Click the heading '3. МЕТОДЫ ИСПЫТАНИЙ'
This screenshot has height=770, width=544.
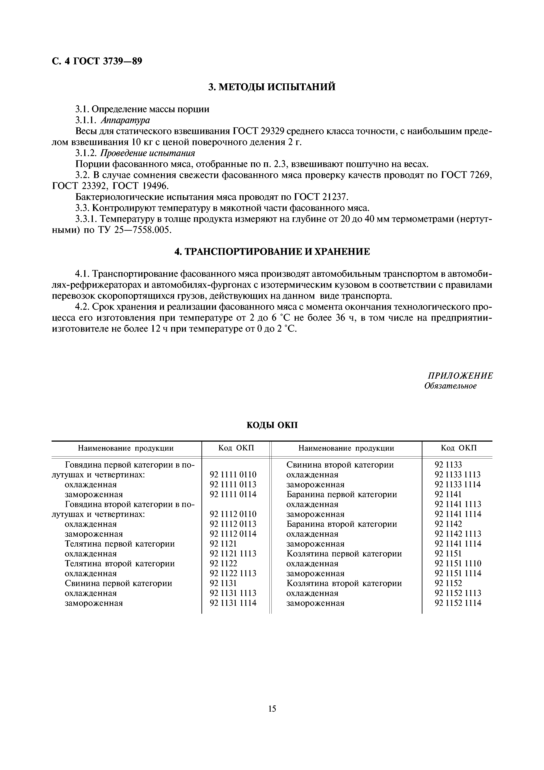pos(272,87)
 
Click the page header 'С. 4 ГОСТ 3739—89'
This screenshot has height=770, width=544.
pos(97,61)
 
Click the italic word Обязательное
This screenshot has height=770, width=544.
pos(450,386)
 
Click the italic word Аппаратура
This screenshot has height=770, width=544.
pos(125,120)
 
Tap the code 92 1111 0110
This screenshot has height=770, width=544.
pos(233,475)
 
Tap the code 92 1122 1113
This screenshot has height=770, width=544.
pos(233,574)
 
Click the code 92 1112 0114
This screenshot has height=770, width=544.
pos(233,534)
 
